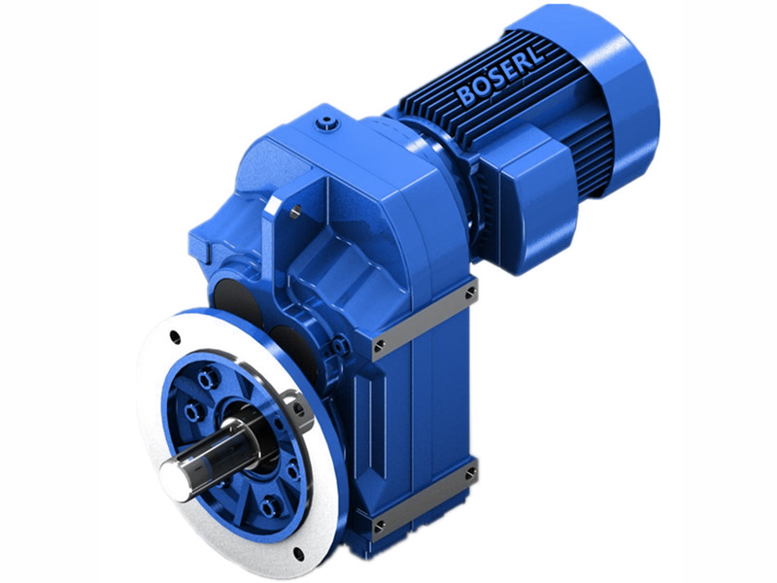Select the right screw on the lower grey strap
coord(471,471)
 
